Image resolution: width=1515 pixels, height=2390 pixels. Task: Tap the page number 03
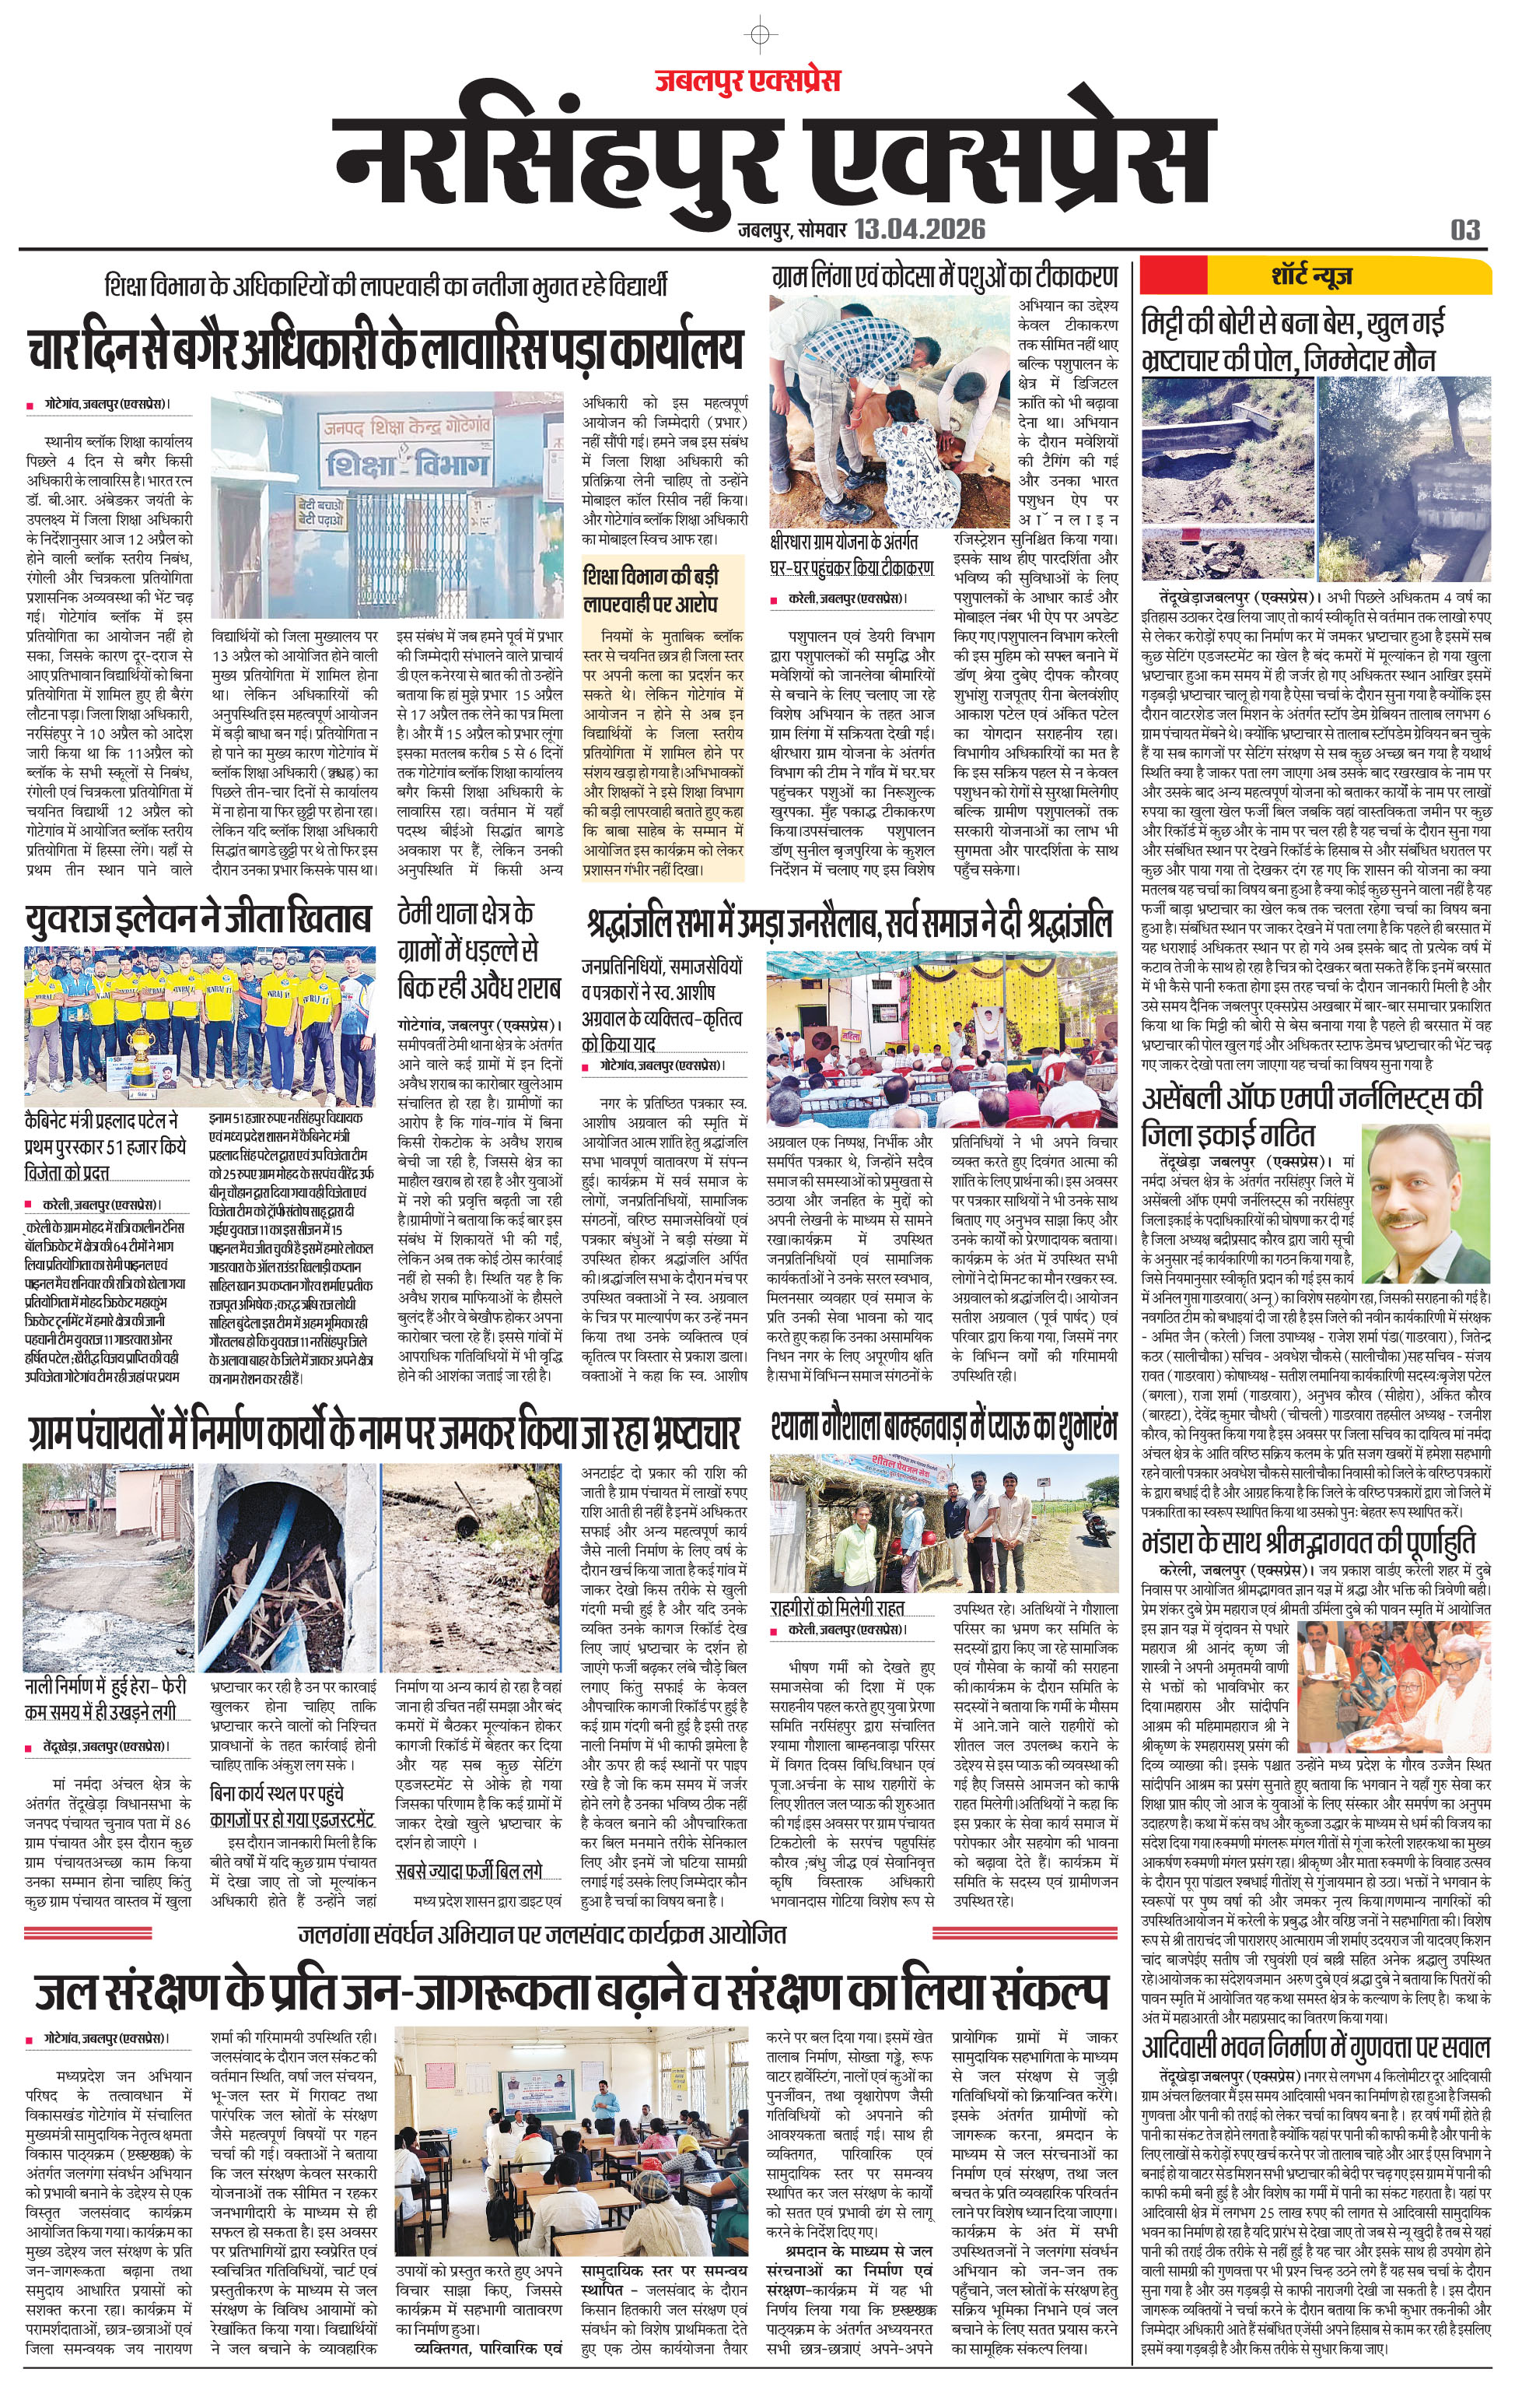click(x=1464, y=230)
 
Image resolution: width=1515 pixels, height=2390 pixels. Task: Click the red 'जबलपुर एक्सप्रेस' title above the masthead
click(x=747, y=80)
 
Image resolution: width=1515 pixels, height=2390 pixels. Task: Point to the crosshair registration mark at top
click(x=759, y=36)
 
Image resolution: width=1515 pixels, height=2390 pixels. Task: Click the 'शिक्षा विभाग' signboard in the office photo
click(x=407, y=464)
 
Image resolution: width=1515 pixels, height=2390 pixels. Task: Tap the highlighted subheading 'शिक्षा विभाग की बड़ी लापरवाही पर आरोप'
click(x=651, y=590)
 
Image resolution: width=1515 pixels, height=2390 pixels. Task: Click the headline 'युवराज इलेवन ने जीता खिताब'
click(x=198, y=919)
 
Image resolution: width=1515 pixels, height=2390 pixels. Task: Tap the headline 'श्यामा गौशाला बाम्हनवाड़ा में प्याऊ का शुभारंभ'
click(x=943, y=1427)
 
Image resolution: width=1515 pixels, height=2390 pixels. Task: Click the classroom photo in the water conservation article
click(x=576, y=2142)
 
